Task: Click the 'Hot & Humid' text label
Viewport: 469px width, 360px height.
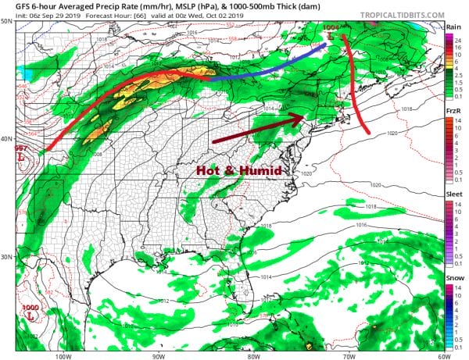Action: tap(239, 169)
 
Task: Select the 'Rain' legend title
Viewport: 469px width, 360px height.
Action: tap(453, 27)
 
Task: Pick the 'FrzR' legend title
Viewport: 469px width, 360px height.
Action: tap(453, 112)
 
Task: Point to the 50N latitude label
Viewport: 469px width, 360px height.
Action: tap(7, 22)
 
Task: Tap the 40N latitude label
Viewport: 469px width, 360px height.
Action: tap(7, 139)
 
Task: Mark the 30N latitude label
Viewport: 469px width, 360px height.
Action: tap(7, 257)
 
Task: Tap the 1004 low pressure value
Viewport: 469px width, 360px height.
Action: tap(331, 28)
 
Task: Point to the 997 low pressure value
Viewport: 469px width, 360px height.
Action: tap(21, 148)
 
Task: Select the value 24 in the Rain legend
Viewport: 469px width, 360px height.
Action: tap(461, 36)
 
